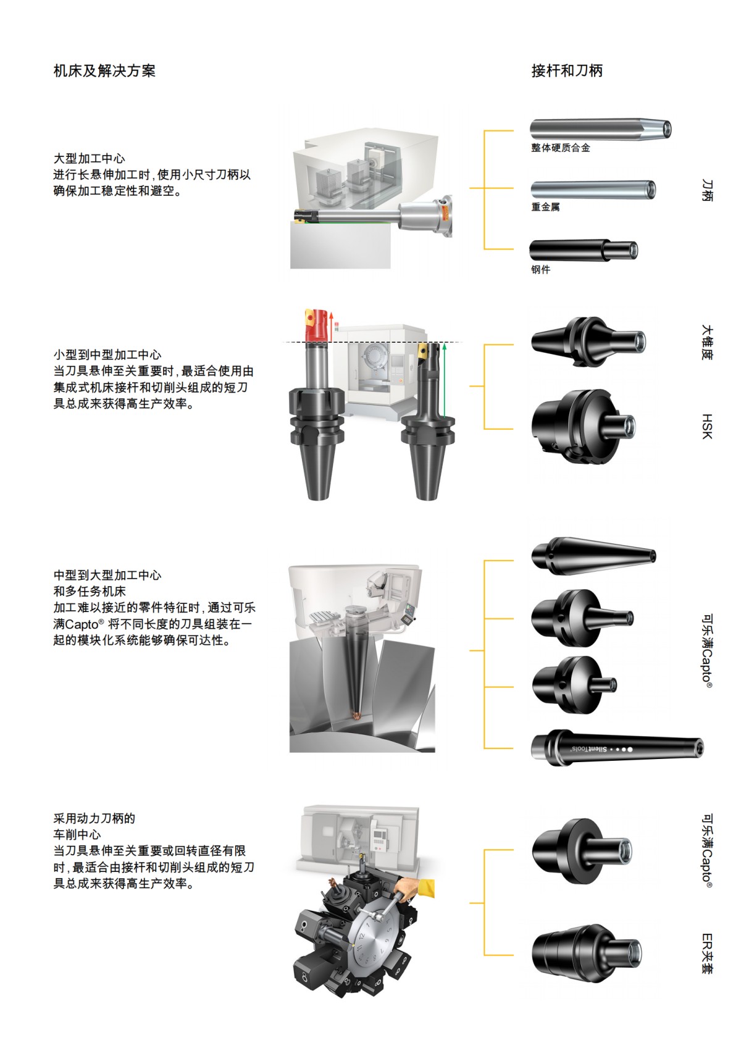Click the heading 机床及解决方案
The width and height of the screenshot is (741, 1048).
104,70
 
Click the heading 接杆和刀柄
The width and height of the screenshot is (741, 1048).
567,70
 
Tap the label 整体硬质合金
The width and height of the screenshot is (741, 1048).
561,148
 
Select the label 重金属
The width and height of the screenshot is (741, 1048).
545,207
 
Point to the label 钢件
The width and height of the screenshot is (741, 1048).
541,269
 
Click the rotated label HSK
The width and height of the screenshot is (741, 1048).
707,426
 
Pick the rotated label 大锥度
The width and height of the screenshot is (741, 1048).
707,342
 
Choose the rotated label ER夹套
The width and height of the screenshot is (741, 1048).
707,954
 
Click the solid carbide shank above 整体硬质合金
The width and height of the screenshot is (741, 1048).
601,128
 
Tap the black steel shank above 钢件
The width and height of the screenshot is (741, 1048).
584,250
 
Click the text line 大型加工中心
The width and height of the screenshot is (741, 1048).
90,158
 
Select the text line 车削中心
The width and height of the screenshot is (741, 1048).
77,835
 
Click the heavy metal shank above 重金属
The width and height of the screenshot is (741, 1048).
593,190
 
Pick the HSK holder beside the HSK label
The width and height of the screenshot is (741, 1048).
584,426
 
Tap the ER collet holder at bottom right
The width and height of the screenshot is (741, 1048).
587,954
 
